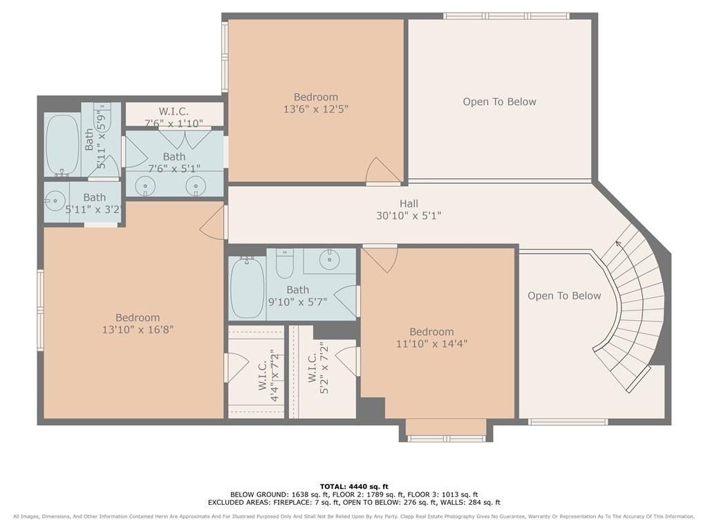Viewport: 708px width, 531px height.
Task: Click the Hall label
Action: tap(409, 204)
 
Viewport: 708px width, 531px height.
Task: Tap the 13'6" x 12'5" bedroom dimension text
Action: tap(315, 109)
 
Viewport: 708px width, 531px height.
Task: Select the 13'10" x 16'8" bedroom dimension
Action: tap(138, 330)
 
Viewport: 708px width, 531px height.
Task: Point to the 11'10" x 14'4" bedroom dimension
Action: tap(431, 344)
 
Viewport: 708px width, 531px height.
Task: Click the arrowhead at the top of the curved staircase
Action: tap(617, 244)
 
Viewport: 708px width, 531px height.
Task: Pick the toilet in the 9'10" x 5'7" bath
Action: tap(284, 263)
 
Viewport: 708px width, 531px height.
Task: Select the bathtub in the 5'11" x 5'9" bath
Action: tap(63, 145)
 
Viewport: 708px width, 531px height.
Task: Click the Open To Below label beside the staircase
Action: tap(564, 296)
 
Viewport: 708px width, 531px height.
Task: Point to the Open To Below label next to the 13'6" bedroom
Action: tap(499, 102)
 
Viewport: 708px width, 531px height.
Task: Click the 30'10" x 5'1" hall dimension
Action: tap(409, 216)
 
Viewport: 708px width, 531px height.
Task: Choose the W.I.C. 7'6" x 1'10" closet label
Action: tap(174, 117)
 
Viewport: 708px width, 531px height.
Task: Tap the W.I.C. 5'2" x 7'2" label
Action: tap(318, 368)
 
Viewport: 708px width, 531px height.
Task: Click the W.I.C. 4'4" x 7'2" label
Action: tap(268, 375)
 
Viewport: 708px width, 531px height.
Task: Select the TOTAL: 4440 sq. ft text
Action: tap(354, 486)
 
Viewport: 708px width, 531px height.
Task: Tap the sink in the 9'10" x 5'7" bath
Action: tap(330, 260)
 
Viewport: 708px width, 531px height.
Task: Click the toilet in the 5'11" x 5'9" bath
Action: tap(102, 115)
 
